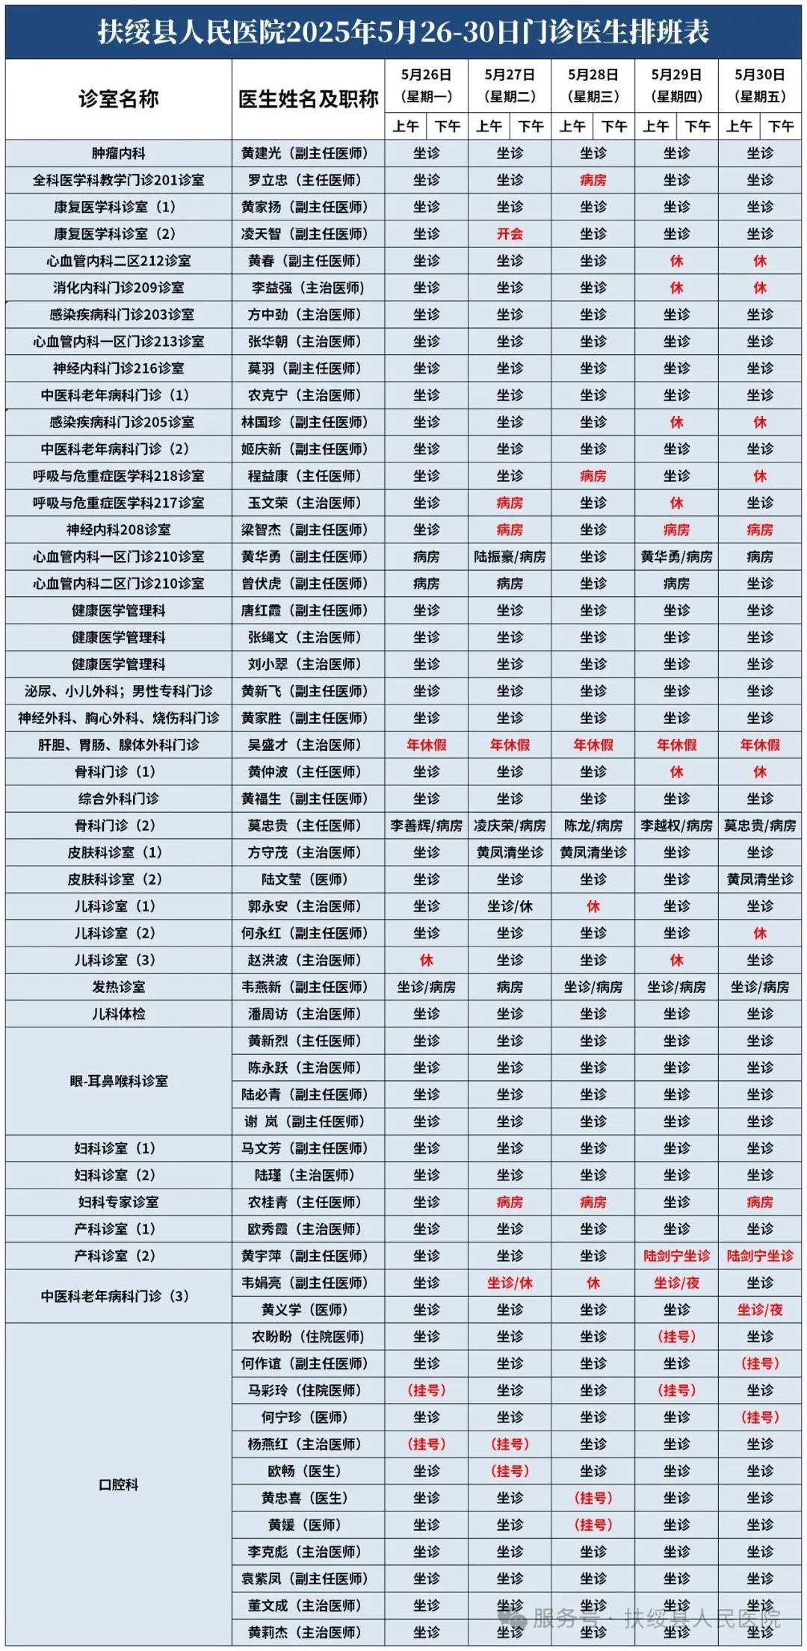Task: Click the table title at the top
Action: [403, 31]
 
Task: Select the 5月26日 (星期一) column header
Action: [426, 85]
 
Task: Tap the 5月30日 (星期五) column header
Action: [760, 85]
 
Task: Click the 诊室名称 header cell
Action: [118, 99]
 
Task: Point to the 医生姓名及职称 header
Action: [308, 99]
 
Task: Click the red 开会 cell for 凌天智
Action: [510, 234]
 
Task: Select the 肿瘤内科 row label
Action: [118, 153]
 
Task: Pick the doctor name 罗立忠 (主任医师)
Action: [304, 180]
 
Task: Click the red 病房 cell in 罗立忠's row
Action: [593, 180]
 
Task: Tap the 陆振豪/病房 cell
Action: [510, 557]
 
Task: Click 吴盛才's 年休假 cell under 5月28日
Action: [593, 745]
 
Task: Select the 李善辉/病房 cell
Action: [426, 825]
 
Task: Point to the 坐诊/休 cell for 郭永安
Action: [510, 906]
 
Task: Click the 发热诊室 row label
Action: [118, 987]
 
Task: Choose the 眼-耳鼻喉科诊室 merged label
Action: [118, 1081]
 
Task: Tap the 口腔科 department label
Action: [118, 1484]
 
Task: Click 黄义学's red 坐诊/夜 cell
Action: [760, 1310]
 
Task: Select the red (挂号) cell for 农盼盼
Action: [676, 1336]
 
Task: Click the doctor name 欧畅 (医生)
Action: [304, 1471]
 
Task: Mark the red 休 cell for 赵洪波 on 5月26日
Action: [426, 960]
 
